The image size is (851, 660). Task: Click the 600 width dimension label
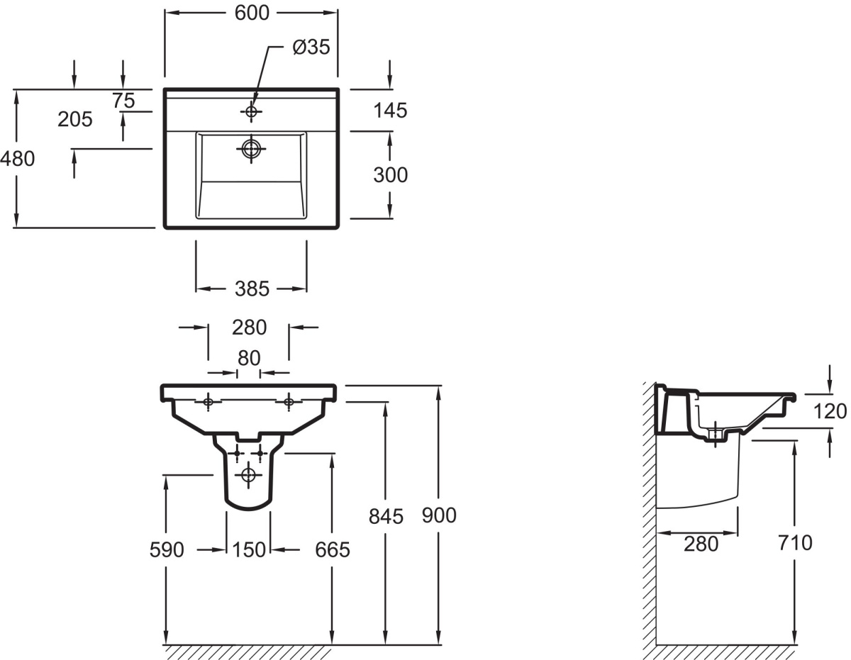pyautogui.click(x=252, y=13)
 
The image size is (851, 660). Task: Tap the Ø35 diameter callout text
pyautogui.click(x=311, y=47)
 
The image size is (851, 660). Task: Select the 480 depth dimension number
pyautogui.click(x=18, y=159)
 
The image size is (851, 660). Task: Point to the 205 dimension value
pyautogui.click(x=75, y=119)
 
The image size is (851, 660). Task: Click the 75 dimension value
pyautogui.click(x=124, y=101)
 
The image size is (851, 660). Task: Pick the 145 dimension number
pyautogui.click(x=391, y=111)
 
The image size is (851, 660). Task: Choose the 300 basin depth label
pyautogui.click(x=391, y=174)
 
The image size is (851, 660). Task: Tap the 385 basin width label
pyautogui.click(x=252, y=289)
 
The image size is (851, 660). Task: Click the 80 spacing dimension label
pyautogui.click(x=249, y=358)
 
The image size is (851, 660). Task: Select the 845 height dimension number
pyautogui.click(x=386, y=517)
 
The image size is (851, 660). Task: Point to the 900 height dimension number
pyautogui.click(x=439, y=515)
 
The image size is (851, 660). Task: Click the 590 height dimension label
pyautogui.click(x=167, y=550)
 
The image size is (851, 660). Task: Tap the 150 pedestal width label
pyautogui.click(x=249, y=550)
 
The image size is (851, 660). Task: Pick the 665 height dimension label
pyautogui.click(x=333, y=550)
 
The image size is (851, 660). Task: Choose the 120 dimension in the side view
pyautogui.click(x=830, y=411)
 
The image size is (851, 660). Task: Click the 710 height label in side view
pyautogui.click(x=796, y=543)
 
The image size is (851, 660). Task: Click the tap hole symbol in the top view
pyautogui.click(x=251, y=112)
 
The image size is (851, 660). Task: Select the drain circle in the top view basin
pyautogui.click(x=251, y=149)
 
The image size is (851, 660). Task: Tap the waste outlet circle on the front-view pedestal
pyautogui.click(x=248, y=475)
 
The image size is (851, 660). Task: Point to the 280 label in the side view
pyautogui.click(x=701, y=544)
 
